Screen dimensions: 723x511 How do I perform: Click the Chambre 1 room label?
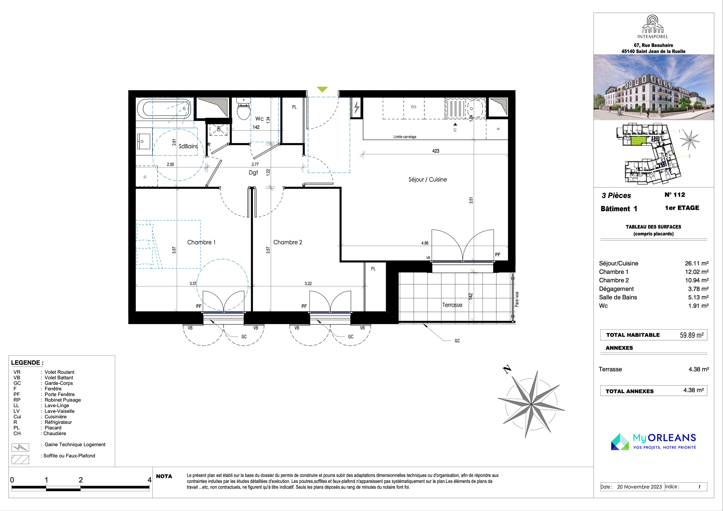pos(201,242)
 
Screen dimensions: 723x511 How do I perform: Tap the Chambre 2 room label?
pos(288,242)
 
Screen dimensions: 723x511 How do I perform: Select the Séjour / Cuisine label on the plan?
pos(428,180)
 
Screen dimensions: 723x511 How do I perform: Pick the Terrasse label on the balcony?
pos(452,305)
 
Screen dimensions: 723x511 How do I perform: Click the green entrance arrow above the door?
pos(322,90)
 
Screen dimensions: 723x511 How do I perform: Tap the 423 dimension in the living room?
pos(435,151)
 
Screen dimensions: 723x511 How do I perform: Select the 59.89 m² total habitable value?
pos(692,335)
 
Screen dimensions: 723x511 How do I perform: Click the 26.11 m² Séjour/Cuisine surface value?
pos(697,263)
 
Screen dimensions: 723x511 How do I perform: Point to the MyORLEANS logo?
pos(653,442)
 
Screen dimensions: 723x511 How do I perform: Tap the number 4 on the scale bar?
pos(150,480)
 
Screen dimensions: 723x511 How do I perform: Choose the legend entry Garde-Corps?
pos(59,383)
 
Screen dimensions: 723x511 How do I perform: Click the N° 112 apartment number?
pos(675,195)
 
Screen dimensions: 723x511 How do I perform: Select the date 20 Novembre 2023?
pos(639,487)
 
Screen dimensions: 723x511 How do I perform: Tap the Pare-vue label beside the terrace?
pos(517,299)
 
